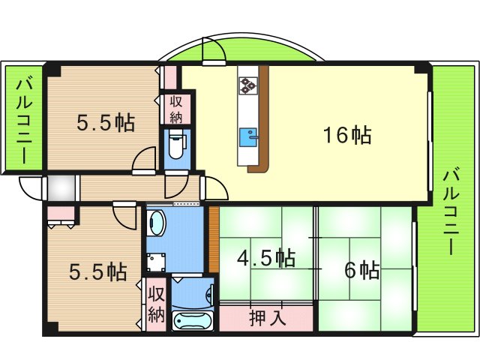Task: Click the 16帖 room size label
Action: (x=348, y=135)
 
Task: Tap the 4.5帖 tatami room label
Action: (x=266, y=259)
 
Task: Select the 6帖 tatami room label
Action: (x=362, y=270)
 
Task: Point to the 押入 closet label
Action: (x=268, y=318)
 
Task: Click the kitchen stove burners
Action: (x=248, y=85)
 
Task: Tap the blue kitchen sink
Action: (x=248, y=137)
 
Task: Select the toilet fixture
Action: (x=176, y=143)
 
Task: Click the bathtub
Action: (x=192, y=320)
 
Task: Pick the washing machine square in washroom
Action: (x=156, y=262)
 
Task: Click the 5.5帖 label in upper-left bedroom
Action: (x=106, y=123)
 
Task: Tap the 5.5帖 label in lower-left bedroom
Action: (x=98, y=271)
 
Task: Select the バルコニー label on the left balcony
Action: (x=24, y=121)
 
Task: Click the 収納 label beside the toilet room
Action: (x=176, y=109)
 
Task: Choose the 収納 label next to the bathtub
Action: (x=157, y=304)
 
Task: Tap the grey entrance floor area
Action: (x=61, y=187)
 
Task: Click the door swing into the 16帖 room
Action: (x=217, y=188)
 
